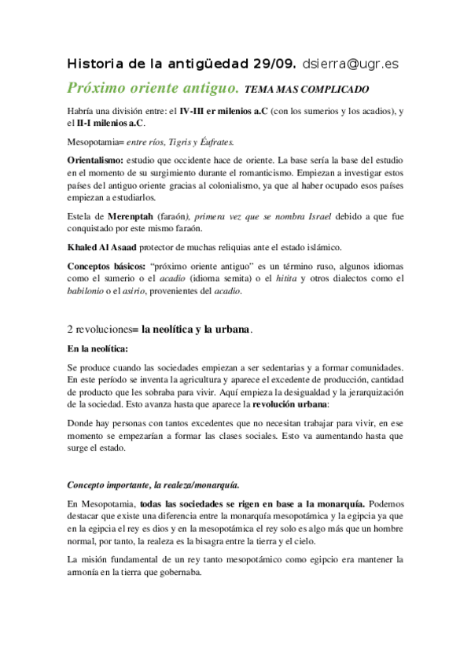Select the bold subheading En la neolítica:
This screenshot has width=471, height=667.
pyautogui.click(x=97, y=349)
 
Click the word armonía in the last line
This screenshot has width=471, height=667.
pyautogui.click(x=88, y=573)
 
